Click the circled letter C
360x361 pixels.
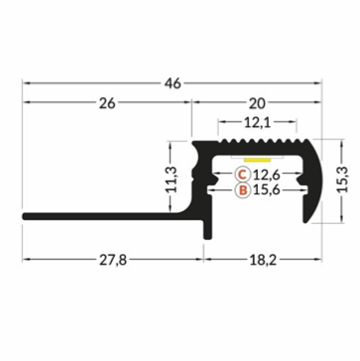240,177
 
